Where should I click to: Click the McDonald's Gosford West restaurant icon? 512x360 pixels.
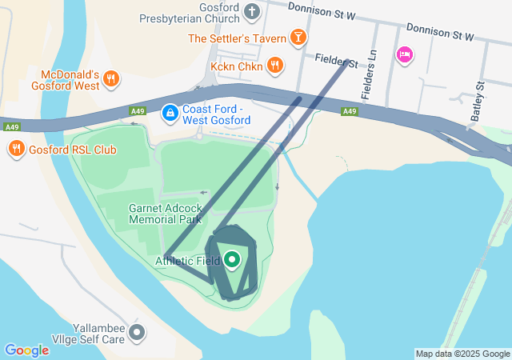pos(111,79)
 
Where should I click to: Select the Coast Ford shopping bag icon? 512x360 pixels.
pos(170,114)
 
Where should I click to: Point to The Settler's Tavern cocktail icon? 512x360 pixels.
pos(298,38)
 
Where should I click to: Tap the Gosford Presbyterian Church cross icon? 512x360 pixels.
pos(253,11)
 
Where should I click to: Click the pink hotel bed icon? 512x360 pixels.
pos(405,54)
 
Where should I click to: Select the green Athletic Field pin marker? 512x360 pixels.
pos(232,259)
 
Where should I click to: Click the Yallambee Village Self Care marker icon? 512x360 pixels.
pos(138,331)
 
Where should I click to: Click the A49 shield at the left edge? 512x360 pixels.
pos(11,126)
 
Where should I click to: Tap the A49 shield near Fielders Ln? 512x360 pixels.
pos(349,111)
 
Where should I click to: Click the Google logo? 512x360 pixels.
pos(26,350)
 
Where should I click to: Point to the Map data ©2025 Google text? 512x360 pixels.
pos(462,354)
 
